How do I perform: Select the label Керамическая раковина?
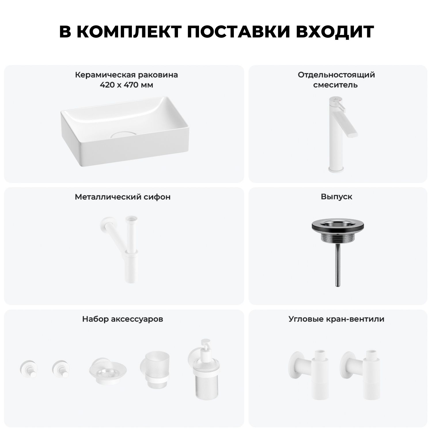126,75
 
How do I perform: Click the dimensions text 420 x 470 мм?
126,85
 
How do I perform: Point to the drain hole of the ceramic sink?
124,134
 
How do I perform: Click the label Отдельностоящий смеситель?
336,80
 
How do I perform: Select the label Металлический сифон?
123,197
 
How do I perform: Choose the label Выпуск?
336,197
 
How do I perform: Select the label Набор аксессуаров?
123,319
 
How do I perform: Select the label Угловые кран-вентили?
336,319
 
